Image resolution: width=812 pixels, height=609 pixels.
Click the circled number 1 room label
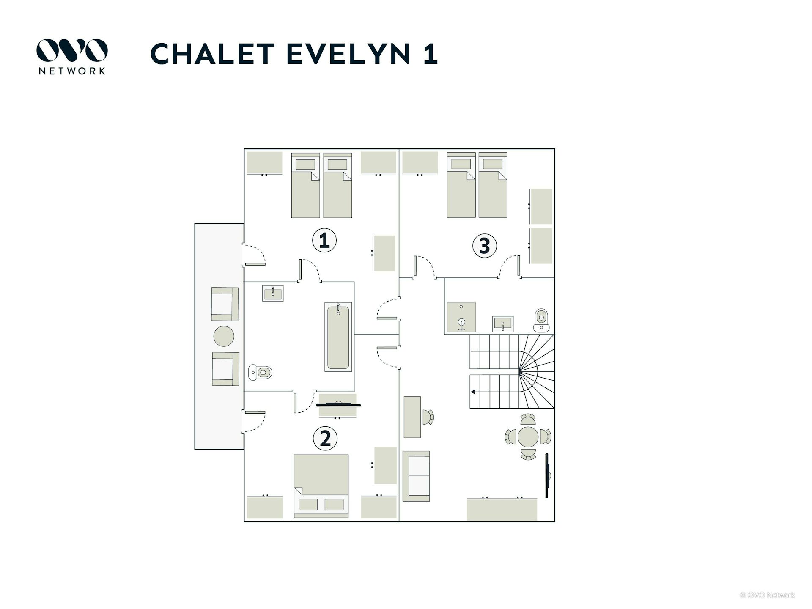[324, 240]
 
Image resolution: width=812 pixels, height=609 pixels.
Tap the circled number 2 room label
[325, 438]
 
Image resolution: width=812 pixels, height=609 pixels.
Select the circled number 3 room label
[485, 246]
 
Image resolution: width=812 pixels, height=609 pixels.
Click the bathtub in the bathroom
[338, 337]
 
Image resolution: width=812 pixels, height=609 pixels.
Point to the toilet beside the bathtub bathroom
[260, 372]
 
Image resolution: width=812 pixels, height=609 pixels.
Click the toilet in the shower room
[541, 320]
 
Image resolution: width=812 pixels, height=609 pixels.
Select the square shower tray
[461, 317]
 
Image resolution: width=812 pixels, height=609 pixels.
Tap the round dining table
[528, 437]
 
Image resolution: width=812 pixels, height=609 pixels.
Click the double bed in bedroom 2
[321, 486]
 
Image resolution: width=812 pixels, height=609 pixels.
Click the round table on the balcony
[224, 336]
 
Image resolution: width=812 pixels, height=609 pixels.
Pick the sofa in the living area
[416, 476]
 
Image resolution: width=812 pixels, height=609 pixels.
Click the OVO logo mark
[72, 50]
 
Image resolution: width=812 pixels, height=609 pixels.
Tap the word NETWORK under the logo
[72, 71]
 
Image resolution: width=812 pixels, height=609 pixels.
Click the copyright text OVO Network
[767, 595]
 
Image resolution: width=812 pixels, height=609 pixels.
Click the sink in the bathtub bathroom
[273, 293]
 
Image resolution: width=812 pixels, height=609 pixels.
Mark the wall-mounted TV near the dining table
[547, 475]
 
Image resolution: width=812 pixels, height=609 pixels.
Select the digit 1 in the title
[431, 54]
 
